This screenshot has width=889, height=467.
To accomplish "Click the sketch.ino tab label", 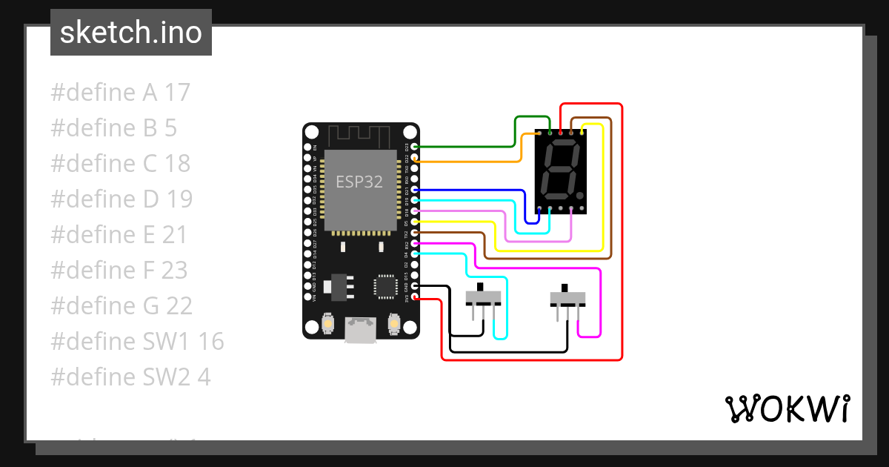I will point(131,33).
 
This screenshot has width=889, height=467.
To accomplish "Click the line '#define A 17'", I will point(121,93).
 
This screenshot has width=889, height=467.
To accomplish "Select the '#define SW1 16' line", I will point(137,342).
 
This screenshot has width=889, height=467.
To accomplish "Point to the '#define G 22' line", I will point(121,306).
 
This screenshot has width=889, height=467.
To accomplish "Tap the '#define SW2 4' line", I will point(130,377).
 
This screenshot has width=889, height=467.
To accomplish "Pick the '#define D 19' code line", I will point(121,199).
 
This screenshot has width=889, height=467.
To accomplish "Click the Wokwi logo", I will point(787,408).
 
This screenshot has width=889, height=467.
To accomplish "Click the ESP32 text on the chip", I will point(359,182).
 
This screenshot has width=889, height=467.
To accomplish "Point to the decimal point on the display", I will point(579,196).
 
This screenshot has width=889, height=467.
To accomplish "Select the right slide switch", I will point(568,298).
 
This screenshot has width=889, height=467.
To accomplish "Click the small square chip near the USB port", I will point(385,285).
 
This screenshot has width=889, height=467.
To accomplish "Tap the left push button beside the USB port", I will point(327,324).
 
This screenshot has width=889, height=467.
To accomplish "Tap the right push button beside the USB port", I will point(394,324).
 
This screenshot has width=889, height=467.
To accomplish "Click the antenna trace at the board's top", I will point(360,136).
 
